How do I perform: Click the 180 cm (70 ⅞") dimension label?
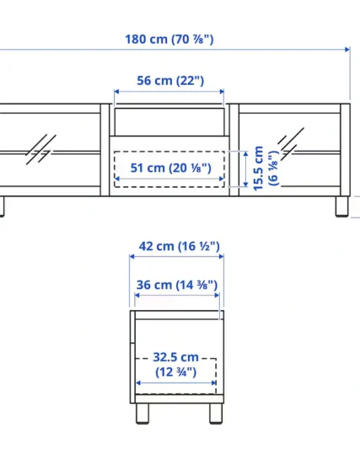[169, 40]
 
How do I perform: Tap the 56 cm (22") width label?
[170, 80]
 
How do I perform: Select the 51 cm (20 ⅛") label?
[170, 168]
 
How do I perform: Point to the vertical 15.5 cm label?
[258, 168]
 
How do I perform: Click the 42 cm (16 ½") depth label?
[179, 246]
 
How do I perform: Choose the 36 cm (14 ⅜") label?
[177, 285]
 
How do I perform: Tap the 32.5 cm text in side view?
[175, 357]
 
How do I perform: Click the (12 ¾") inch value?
[175, 372]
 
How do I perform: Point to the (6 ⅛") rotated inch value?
[273, 168]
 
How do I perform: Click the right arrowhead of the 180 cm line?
[347, 49]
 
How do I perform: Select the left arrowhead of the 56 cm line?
[116, 92]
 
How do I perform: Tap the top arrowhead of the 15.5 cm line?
[246, 153]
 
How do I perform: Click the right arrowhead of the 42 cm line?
[221, 257]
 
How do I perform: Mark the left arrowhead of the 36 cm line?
[137, 295]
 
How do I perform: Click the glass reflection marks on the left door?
[40, 150]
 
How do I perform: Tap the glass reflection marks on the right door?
[291, 144]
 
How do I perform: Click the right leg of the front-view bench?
[341, 206]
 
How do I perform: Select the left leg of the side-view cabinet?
[142, 414]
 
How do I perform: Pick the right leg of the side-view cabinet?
[216, 414]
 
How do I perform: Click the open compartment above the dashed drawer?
[169, 122]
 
